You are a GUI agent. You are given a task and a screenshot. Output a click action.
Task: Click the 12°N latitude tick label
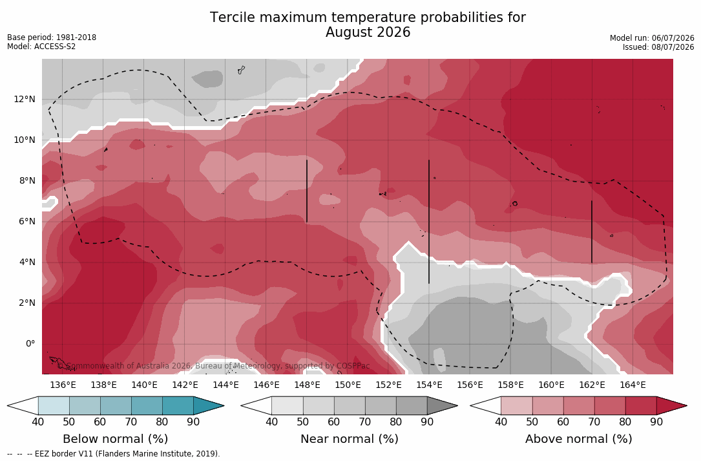point(24,99)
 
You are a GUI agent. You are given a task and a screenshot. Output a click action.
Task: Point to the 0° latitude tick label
point(30,344)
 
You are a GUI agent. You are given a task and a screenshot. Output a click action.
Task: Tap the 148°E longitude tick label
point(307,385)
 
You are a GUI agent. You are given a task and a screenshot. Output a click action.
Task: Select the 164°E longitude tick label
point(633,385)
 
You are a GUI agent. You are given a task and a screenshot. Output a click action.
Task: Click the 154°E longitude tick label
point(429,385)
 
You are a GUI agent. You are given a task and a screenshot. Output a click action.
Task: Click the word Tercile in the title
point(231,17)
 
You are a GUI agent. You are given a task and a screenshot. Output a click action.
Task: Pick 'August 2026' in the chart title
point(368,33)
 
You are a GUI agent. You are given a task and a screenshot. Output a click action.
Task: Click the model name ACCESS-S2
point(55,47)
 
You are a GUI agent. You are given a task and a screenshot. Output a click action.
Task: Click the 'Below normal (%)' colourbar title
point(116,439)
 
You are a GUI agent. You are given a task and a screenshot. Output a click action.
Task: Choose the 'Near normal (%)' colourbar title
point(349,439)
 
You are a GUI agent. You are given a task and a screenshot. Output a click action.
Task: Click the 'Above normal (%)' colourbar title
point(578,439)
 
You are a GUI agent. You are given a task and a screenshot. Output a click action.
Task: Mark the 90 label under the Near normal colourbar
point(427,422)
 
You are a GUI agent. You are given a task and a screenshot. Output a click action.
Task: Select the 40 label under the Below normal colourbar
point(38,422)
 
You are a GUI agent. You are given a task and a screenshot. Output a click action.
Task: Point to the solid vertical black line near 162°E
point(592,232)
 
